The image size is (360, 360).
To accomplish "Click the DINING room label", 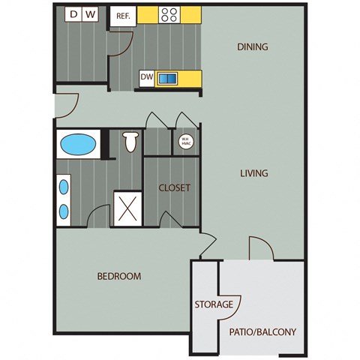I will click(253, 47).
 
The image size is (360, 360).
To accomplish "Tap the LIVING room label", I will click(254, 173).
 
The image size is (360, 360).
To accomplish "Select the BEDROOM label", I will click(119, 276).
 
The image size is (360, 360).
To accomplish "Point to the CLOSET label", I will click(173, 187).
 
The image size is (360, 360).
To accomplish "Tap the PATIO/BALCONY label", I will click(262, 331).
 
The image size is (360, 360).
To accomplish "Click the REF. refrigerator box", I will click(122, 16).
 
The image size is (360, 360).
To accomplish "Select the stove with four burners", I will click(169, 14).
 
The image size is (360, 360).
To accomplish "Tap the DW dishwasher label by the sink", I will click(147, 76).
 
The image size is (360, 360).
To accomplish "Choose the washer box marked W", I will click(90, 13).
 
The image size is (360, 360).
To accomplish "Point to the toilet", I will click(131, 140).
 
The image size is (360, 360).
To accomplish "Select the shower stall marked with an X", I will click(127, 207).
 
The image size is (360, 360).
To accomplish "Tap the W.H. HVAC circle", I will click(184, 141).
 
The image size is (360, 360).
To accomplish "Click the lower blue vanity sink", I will click(64, 210).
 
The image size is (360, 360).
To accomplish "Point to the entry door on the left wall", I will click(65, 105).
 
